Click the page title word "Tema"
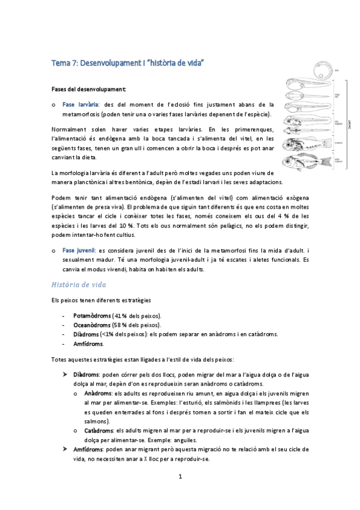point(60,63)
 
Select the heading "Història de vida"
point(79,284)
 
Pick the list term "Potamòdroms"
point(92,315)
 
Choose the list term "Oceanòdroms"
point(92,325)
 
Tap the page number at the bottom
point(180,477)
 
